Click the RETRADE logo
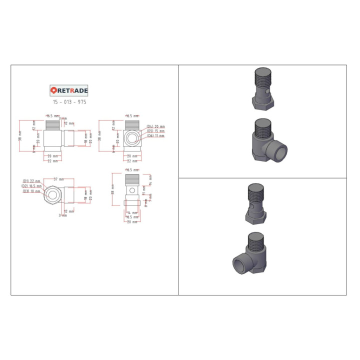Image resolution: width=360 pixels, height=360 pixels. [x=69, y=90]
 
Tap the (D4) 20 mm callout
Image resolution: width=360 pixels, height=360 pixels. [x=155, y=126]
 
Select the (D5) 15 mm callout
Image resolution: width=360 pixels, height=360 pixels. [x=155, y=131]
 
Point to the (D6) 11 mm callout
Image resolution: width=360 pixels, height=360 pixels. [x=155, y=136]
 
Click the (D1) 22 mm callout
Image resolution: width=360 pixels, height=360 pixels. [x=31, y=181]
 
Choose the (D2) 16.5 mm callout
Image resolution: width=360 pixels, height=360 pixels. [x=32, y=186]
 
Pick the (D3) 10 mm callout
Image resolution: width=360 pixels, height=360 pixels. [x=31, y=191]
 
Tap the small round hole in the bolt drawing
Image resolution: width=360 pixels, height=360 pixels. [x=131, y=189]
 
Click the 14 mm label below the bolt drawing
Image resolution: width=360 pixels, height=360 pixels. [x=131, y=213]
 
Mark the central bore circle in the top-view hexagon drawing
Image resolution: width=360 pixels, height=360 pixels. [x=53, y=193]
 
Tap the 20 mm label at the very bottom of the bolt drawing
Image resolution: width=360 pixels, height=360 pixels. [x=131, y=221]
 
